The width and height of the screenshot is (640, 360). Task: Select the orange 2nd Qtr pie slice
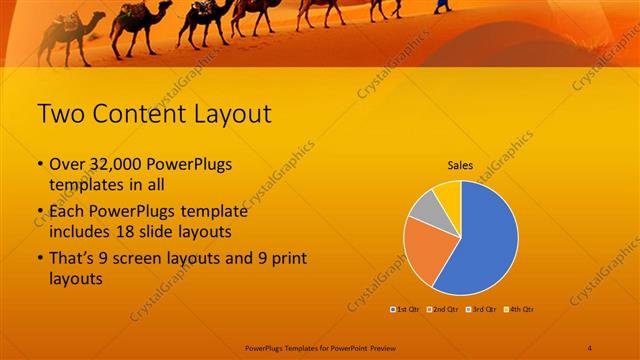(424, 248)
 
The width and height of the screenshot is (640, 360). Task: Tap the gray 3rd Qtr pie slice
(426, 206)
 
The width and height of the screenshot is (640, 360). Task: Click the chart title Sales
(460, 166)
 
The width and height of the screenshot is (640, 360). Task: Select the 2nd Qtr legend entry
(444, 309)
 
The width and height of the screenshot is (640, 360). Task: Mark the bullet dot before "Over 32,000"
(40, 165)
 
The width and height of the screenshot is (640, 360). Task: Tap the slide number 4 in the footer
(589, 348)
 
